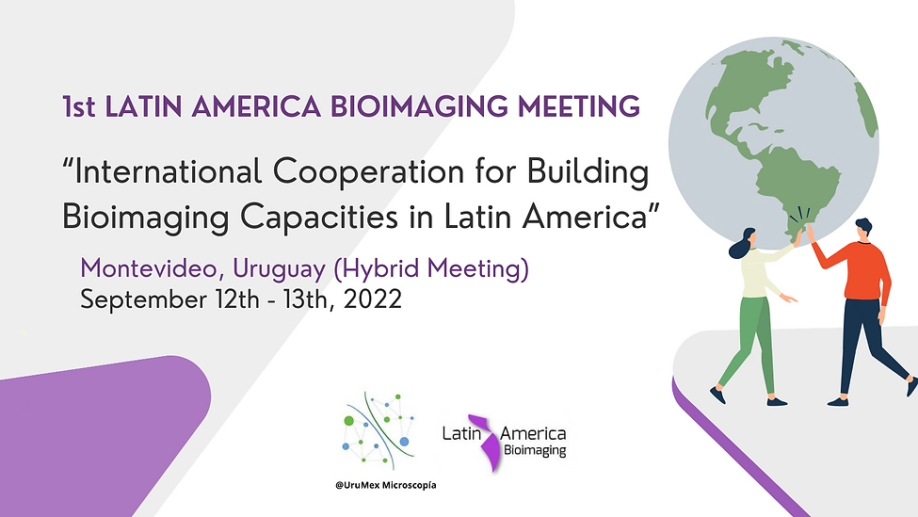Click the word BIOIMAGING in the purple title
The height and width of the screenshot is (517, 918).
tap(419, 106)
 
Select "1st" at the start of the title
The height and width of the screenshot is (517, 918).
tap(79, 107)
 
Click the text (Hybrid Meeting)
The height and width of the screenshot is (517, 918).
tap(431, 269)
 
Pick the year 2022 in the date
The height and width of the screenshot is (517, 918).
tap(373, 299)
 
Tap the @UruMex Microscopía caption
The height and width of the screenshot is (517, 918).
tap(386, 485)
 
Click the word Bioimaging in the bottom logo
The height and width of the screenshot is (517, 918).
tap(535, 451)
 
